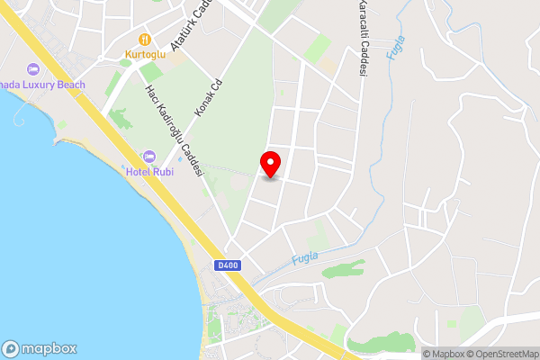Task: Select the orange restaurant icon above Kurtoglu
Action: point(144,40)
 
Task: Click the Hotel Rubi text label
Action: point(149,173)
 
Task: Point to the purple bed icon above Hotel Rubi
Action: point(149,157)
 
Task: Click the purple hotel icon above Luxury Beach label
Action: point(33,69)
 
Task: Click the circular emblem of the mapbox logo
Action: point(12,348)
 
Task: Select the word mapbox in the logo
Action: point(49,348)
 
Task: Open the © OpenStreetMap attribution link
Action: point(501,354)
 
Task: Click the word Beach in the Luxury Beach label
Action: point(73,85)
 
